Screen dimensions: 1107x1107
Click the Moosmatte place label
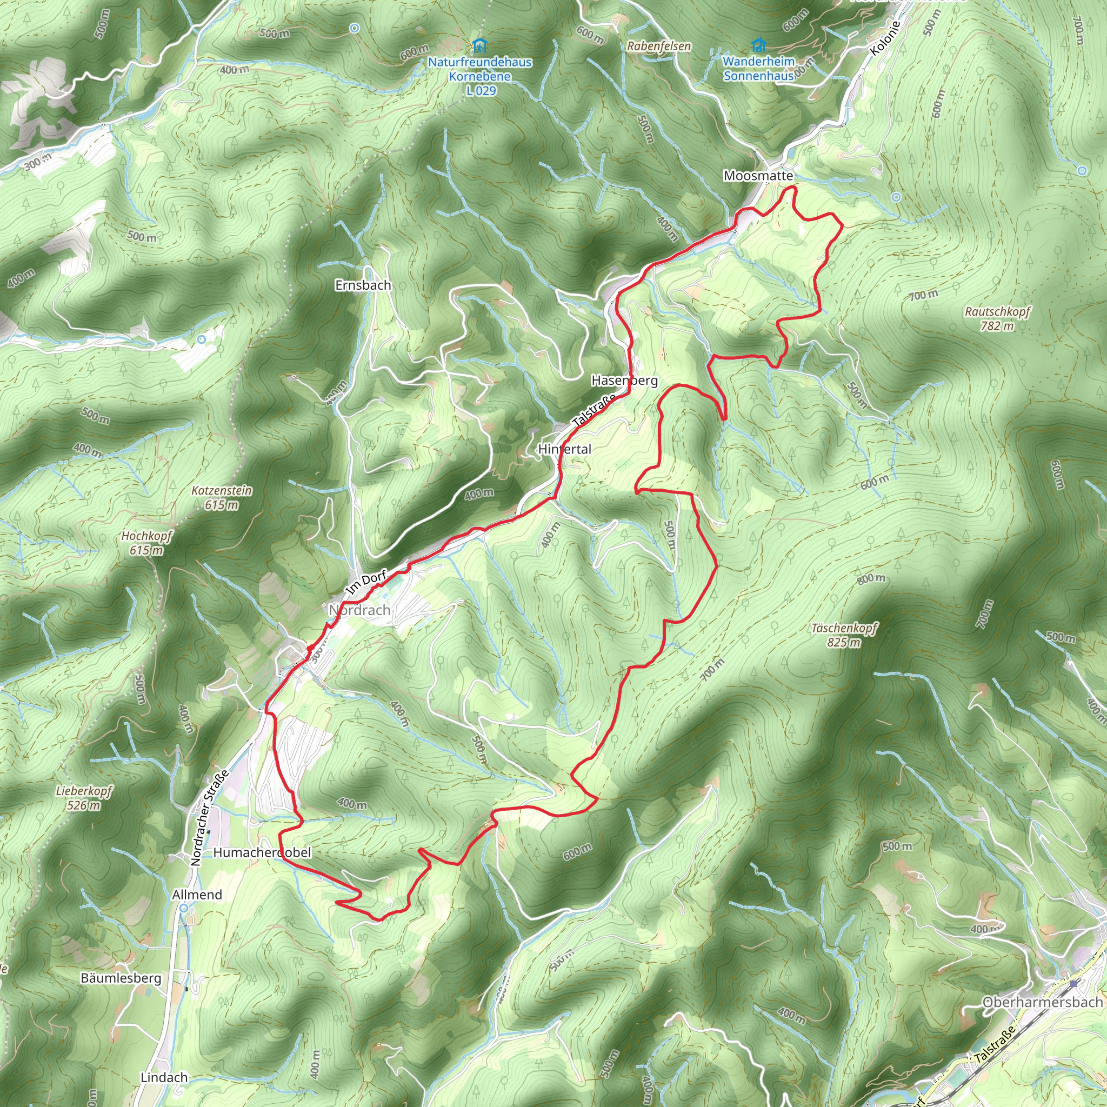tap(758, 176)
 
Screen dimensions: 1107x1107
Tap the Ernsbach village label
tap(363, 285)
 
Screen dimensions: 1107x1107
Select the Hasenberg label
tap(624, 381)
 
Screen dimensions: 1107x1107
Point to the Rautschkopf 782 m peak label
tap(997, 318)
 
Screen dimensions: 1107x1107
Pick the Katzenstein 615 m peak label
tap(221, 497)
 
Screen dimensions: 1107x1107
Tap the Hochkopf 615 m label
tap(146, 543)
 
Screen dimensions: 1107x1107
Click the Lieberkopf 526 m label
tap(84, 798)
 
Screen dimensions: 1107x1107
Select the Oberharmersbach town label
tap(1042, 1002)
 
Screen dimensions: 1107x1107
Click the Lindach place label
tap(164, 1077)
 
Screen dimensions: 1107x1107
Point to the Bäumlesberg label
tap(121, 978)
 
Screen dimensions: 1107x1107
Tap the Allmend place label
tap(197, 895)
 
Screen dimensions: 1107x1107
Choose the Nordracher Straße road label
tap(209, 818)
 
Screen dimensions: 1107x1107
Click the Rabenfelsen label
tap(659, 46)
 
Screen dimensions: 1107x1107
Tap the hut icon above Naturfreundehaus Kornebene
tap(479, 45)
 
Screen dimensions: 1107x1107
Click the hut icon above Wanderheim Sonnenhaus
tap(758, 44)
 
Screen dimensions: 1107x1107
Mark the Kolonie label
tap(885, 38)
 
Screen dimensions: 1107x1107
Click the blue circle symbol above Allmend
tap(183, 908)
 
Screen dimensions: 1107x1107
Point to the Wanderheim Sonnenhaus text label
tap(758, 68)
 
